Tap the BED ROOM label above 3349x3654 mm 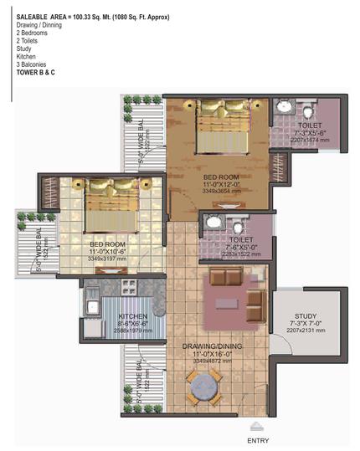[221, 178]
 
